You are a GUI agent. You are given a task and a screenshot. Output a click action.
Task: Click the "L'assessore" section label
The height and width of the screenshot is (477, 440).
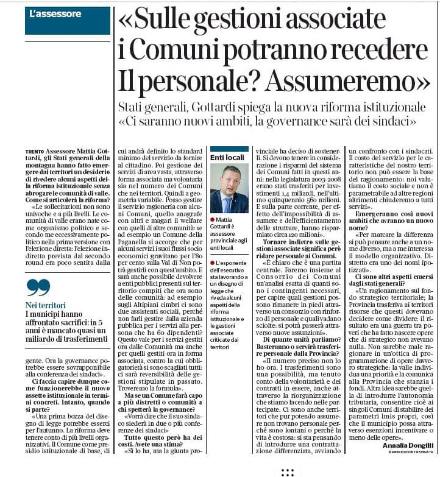click(x=55, y=13)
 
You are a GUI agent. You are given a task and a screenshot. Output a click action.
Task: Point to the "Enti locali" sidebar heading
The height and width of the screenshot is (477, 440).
click(x=227, y=157)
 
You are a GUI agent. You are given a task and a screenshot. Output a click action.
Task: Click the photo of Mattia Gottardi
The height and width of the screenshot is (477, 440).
click(x=229, y=188)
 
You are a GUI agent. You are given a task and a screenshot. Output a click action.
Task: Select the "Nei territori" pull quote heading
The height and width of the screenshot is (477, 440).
click(x=45, y=305)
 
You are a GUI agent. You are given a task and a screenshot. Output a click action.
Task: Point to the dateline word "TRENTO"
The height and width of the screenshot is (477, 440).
click(x=35, y=150)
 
